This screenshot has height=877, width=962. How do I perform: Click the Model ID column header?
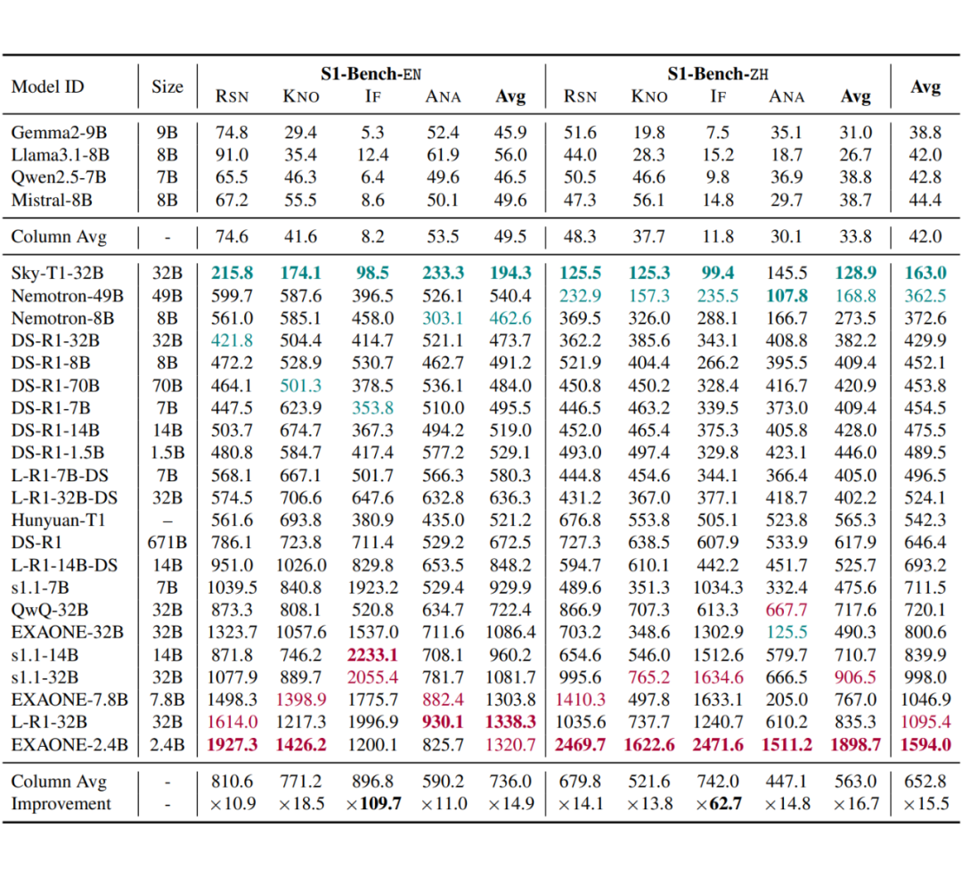[47, 86]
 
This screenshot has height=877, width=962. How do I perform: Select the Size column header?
[167, 86]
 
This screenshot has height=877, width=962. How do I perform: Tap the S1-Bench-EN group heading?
[371, 74]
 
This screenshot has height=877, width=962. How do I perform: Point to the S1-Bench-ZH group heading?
[718, 74]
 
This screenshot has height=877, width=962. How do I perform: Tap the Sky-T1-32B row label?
[57, 273]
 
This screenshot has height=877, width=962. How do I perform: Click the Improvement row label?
[61, 804]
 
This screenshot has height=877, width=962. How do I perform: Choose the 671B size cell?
[167, 542]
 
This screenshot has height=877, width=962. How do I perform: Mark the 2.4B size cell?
[167, 744]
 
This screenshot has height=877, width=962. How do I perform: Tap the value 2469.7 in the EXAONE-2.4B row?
[580, 744]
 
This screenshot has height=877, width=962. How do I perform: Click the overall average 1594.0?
[925, 744]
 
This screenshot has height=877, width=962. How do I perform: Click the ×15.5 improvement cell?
[925, 804]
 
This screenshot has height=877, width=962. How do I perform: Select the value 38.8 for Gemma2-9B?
[925, 133]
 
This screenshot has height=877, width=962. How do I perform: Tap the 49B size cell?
[167, 295]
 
